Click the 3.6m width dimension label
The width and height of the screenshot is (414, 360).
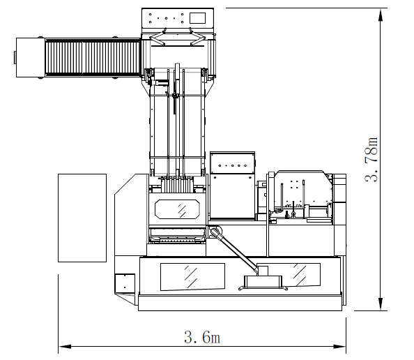click(x=202, y=337)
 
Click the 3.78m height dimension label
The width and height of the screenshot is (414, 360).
click(x=371, y=159)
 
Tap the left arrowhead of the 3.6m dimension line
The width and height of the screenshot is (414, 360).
click(x=65, y=346)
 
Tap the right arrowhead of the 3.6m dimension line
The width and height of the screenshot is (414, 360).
click(x=339, y=346)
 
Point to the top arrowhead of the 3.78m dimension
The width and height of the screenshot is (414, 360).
click(x=381, y=15)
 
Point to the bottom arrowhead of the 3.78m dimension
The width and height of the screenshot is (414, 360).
click(x=381, y=304)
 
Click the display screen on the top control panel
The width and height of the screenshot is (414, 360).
click(x=197, y=18)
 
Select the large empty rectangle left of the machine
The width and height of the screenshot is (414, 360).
click(x=82, y=218)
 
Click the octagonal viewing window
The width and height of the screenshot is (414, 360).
click(x=177, y=209)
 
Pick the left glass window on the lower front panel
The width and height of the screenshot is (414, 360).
click(x=193, y=277)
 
